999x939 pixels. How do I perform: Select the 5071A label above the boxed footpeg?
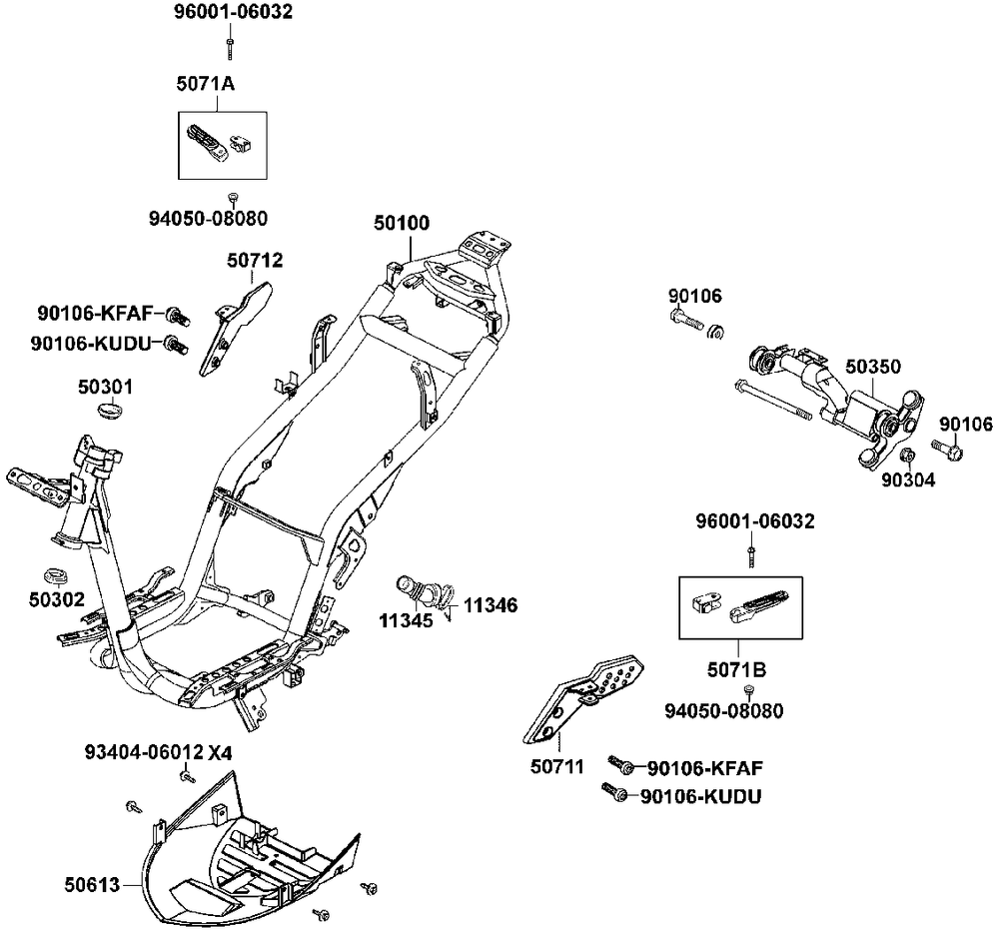pos(206,86)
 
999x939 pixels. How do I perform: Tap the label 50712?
pos(255,261)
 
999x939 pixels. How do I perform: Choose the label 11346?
pos(490,605)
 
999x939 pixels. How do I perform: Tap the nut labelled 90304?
pos(907,458)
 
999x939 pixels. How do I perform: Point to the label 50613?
pos(92,884)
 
